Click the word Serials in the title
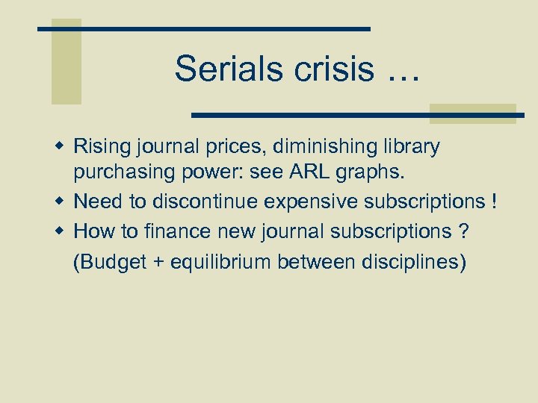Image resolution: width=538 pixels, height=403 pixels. (x=219, y=69)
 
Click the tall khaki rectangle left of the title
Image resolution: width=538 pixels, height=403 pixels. (x=66, y=61)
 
